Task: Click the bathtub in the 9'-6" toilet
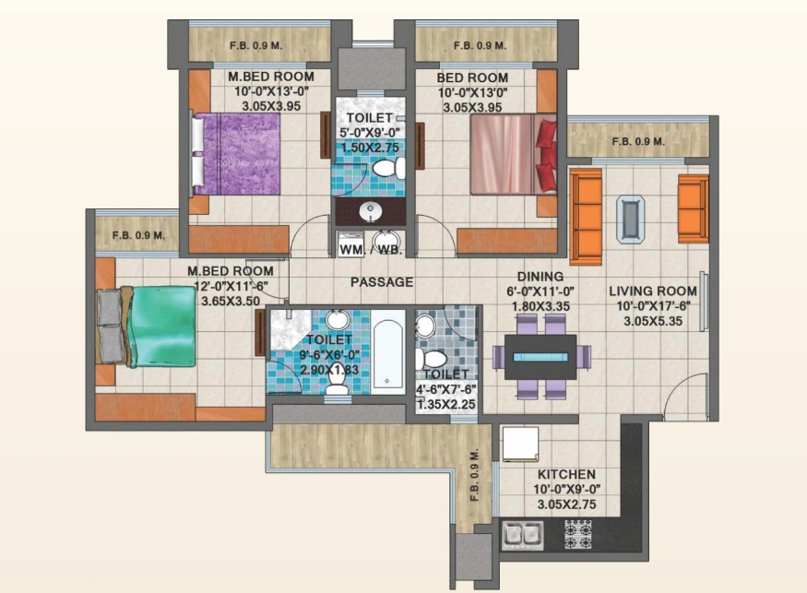point(388,354)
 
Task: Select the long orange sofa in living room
point(585,217)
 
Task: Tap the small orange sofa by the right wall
point(693,208)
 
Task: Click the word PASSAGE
point(381,282)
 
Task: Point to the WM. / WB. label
point(371,250)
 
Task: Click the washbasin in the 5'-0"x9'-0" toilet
point(372,211)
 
